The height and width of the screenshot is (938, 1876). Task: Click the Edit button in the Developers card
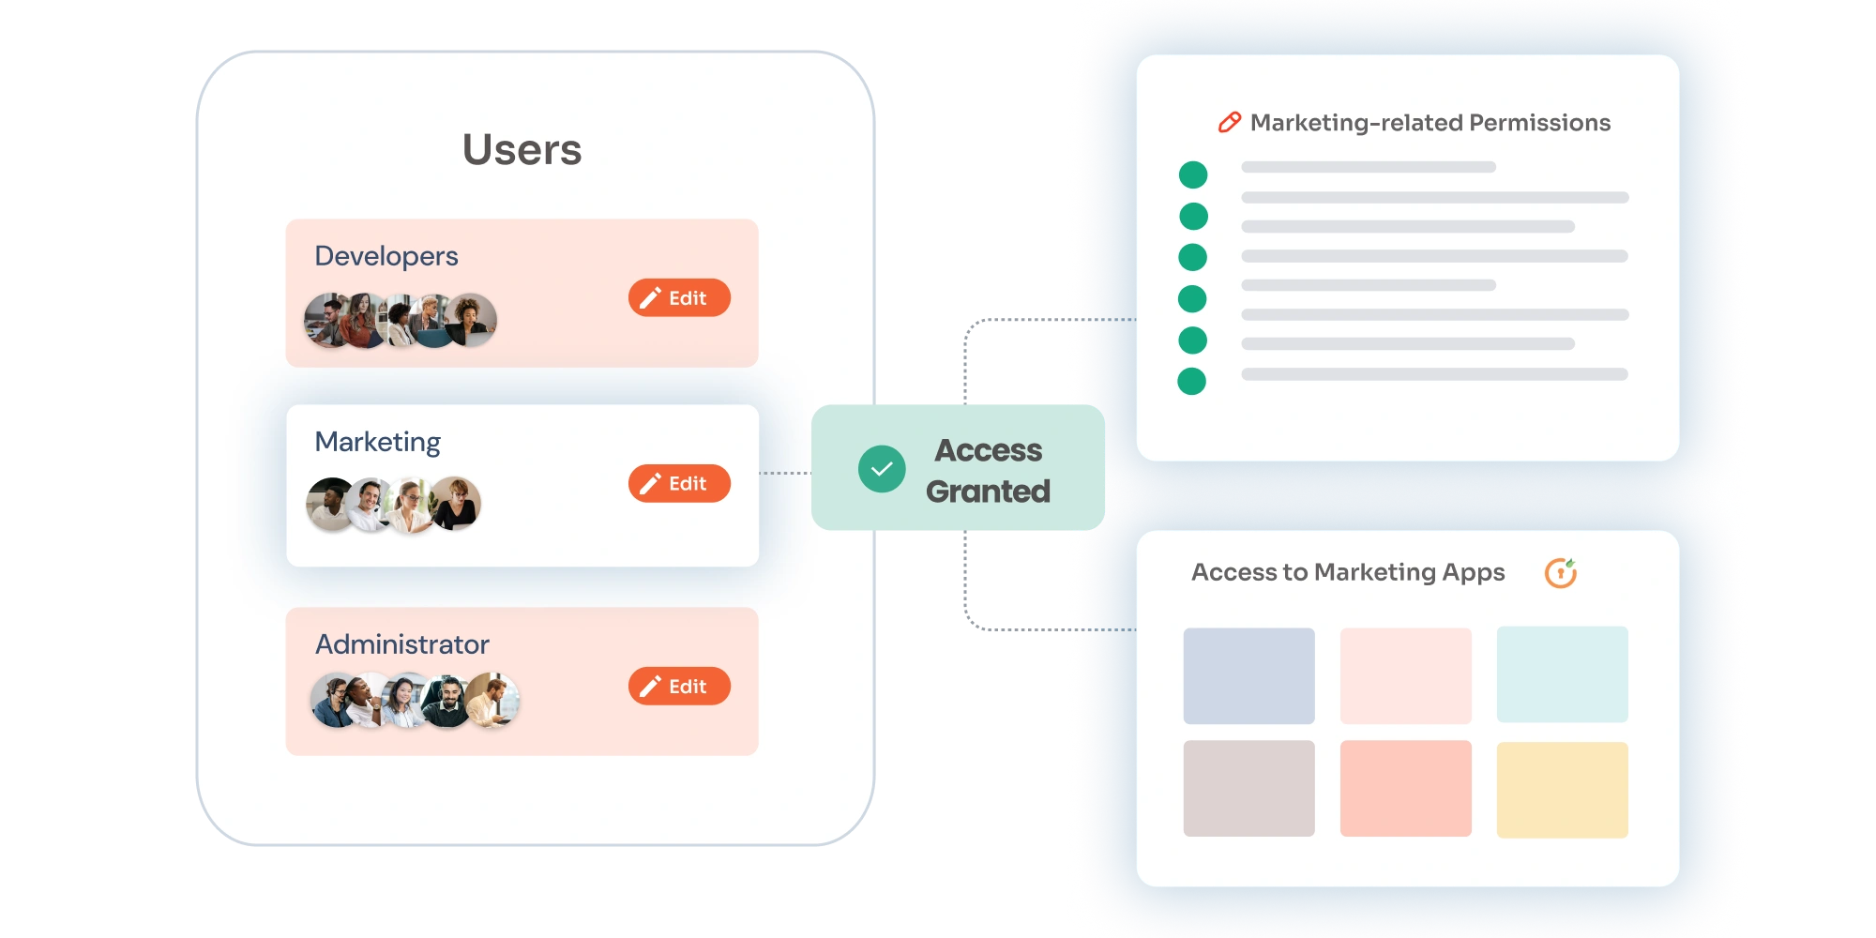tap(679, 298)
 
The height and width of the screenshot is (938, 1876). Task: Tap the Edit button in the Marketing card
tap(679, 484)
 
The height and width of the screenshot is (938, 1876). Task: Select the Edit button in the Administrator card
tap(679, 687)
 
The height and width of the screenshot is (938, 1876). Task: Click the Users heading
tap(522, 150)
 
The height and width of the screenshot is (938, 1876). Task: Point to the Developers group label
tap(386, 256)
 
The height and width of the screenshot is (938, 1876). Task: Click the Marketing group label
tap(377, 442)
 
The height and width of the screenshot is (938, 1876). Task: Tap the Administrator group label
tap(401, 644)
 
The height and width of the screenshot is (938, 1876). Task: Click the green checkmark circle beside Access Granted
tap(882, 469)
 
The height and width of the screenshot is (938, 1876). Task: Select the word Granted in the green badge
tap(988, 492)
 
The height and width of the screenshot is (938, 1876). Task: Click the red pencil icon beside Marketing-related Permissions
tap(1229, 123)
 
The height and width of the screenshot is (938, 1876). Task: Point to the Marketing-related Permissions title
tap(1430, 123)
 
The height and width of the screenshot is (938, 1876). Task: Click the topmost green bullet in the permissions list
tap(1193, 175)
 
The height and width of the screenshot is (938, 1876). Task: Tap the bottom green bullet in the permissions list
tap(1191, 382)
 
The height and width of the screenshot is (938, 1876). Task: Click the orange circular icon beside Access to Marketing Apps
tap(1561, 573)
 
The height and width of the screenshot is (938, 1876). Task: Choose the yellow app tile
tap(1562, 790)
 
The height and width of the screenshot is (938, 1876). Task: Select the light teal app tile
tap(1562, 674)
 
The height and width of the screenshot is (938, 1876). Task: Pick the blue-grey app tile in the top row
tap(1248, 675)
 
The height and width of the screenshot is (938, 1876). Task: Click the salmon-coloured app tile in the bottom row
tap(1405, 788)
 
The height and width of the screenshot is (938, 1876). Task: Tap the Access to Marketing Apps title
tap(1348, 572)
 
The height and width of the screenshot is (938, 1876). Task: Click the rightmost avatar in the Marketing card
tap(457, 504)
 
